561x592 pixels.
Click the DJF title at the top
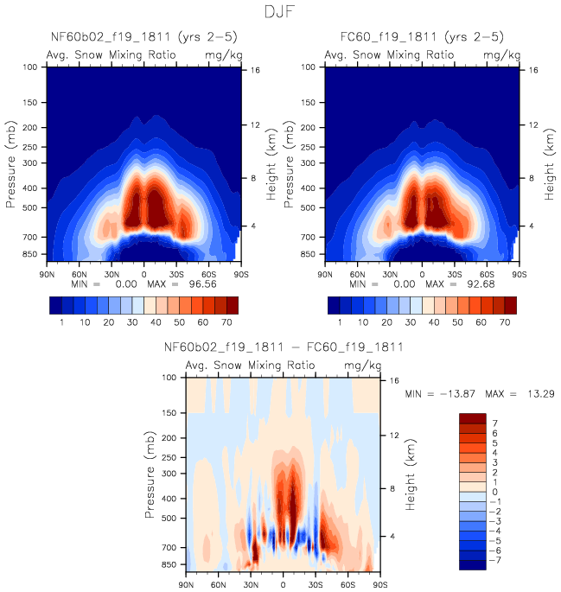point(280,12)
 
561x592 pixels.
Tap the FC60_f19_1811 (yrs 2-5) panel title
point(422,37)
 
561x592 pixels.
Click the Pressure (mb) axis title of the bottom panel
point(152,474)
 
